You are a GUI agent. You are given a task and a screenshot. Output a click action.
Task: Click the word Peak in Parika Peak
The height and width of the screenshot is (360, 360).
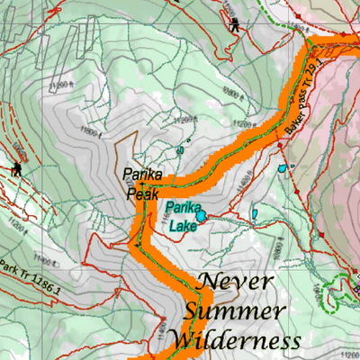142,193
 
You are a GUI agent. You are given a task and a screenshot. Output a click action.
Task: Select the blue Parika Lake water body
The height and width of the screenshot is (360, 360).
200,215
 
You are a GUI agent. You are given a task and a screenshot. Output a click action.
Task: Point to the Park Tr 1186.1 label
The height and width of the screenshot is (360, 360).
30,278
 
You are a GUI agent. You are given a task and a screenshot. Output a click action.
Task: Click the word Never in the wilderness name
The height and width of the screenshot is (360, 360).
234,281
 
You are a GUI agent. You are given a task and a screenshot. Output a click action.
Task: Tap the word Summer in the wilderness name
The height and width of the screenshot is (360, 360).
229,310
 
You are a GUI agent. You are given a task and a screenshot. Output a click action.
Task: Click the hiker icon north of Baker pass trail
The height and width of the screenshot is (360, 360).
235,24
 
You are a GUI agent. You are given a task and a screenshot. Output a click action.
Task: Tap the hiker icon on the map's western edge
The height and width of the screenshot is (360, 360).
17,170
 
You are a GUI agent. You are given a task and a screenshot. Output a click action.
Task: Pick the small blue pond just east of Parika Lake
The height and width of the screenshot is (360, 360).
255,214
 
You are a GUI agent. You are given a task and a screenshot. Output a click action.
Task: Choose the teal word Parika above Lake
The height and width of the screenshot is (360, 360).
181,210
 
